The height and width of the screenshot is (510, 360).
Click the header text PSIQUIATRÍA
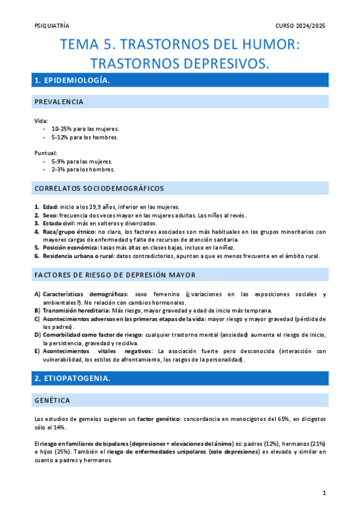pos(52,26)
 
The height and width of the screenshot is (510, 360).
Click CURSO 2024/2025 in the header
pos(301,26)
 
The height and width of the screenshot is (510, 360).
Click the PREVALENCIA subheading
pos(58,102)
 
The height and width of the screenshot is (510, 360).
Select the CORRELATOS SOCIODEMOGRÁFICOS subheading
pos(99,188)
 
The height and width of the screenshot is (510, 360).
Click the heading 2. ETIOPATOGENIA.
pos(72,379)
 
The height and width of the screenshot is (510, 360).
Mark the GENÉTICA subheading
pos(52,401)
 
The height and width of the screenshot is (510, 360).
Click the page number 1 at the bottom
pos(324,493)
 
